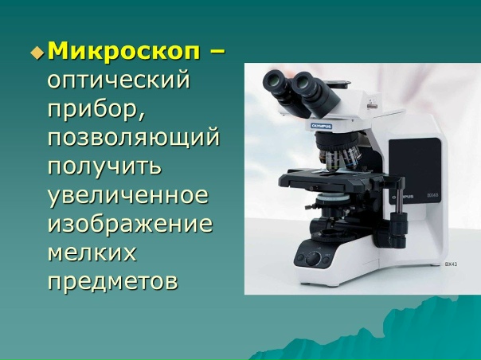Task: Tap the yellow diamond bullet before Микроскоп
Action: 37,53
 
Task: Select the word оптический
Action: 120,81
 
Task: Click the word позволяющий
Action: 133,138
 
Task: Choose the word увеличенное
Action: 127,195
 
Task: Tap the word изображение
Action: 130,224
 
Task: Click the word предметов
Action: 111,281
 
